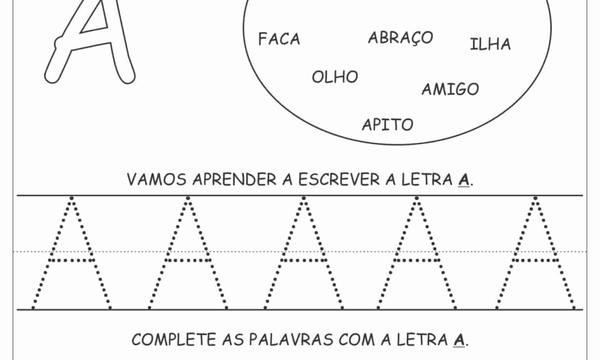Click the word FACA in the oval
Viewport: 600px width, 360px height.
279,40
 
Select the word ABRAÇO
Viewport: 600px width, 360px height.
400,38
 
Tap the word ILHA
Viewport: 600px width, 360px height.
490,44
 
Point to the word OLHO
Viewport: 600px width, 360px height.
335,77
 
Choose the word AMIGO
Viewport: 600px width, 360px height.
450,90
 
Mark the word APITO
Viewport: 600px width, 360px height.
388,125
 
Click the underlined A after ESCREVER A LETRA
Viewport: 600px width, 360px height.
463,180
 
